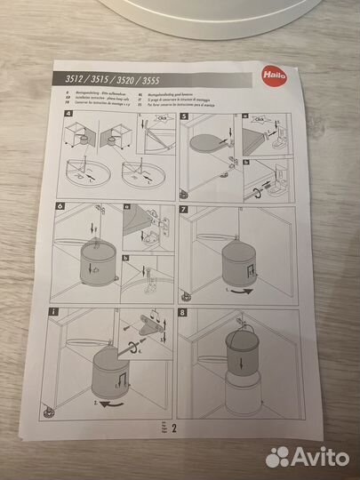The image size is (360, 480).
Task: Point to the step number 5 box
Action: pos(184,117)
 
